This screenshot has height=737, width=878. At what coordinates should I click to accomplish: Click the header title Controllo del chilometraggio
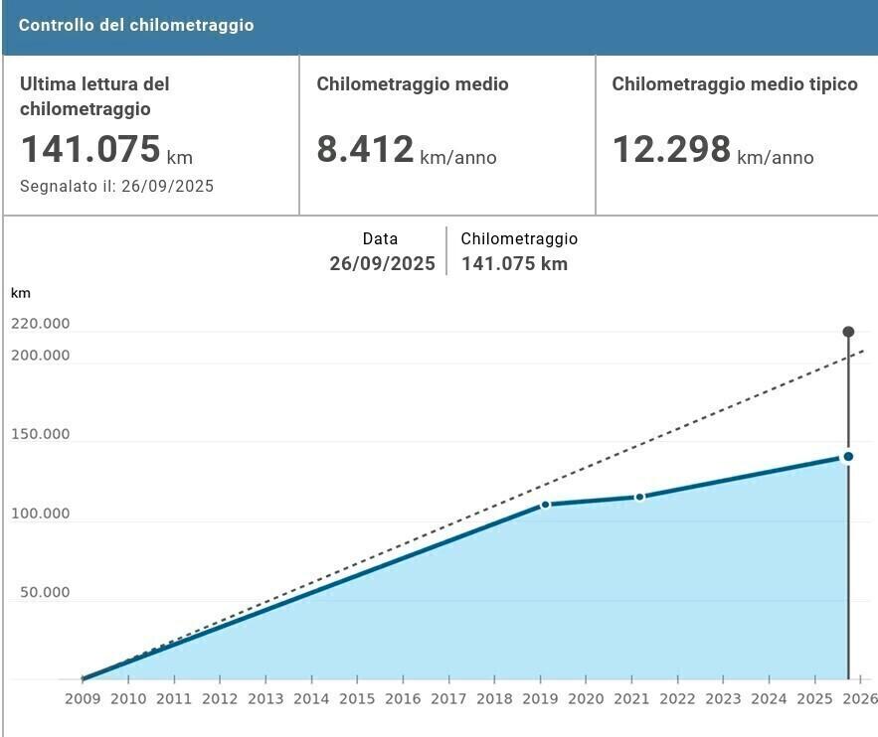tap(136, 25)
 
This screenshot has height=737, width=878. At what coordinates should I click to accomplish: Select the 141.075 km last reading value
tap(90, 149)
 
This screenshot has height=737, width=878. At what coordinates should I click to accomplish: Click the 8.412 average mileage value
tap(365, 149)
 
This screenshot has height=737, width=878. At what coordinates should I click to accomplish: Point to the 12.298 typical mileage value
tap(671, 149)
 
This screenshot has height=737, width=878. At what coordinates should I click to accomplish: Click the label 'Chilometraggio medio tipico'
tap(735, 84)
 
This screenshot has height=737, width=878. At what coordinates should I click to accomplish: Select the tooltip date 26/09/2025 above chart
tap(383, 264)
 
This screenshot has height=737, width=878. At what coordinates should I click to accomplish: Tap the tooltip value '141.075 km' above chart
tap(514, 264)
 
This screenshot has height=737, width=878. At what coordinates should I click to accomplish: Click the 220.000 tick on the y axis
tap(41, 324)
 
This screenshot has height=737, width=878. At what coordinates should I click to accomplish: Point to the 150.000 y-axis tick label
tap(41, 435)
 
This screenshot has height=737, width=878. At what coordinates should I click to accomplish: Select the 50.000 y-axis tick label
tap(44, 593)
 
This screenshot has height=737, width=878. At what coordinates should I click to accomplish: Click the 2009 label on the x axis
tap(83, 698)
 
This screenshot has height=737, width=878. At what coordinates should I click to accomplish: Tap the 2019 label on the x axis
tap(540, 698)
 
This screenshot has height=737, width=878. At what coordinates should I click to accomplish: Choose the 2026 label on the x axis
tap(860, 698)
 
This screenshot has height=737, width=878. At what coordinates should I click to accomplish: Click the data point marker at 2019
tap(546, 505)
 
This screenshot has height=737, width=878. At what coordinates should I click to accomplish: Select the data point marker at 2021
tap(639, 497)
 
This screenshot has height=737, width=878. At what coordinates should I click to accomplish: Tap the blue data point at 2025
tap(848, 457)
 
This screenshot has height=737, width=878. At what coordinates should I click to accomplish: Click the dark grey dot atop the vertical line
tap(848, 332)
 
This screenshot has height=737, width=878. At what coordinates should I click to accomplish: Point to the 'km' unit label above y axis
tap(20, 293)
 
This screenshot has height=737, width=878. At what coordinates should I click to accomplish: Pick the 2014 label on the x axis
tap(311, 698)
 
